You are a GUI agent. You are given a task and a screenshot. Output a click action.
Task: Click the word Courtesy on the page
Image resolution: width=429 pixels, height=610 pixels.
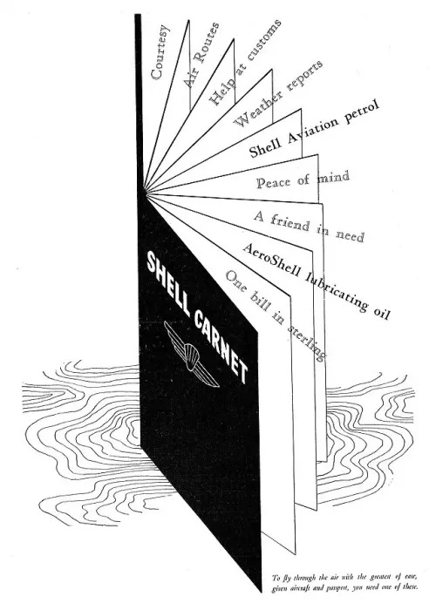coord(160,52)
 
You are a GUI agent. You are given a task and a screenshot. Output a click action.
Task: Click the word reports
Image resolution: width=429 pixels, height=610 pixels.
coord(304,76)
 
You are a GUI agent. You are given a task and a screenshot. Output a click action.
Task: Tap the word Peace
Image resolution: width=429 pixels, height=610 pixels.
coord(273,182)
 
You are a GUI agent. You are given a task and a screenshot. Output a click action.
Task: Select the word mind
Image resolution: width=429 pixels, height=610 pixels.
coord(333,178)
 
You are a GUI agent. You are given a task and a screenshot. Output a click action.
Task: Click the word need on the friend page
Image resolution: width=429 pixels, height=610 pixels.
coord(350,235)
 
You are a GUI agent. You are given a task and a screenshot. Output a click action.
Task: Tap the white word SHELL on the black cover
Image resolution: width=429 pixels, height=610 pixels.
coord(167,280)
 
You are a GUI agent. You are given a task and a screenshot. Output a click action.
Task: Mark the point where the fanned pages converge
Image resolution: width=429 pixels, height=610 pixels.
coord(145,192)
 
